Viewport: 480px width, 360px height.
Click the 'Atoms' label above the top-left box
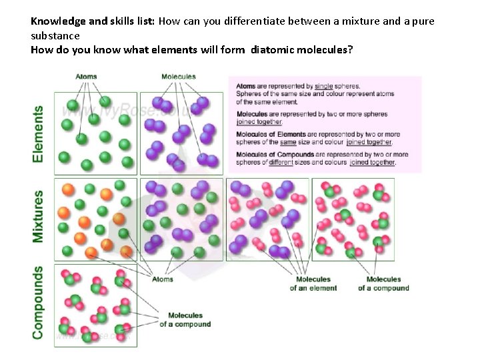86,77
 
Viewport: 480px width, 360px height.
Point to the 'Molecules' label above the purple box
178,77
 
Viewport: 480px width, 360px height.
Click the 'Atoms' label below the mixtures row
162,279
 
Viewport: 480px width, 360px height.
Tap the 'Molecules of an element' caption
313,284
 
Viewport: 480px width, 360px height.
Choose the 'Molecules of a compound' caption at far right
383,284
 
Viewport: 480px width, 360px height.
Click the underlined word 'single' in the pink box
323,86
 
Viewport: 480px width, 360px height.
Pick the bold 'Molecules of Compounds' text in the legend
275,155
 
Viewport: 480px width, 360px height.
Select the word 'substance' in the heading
55,35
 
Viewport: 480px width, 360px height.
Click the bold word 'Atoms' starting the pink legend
246,86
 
